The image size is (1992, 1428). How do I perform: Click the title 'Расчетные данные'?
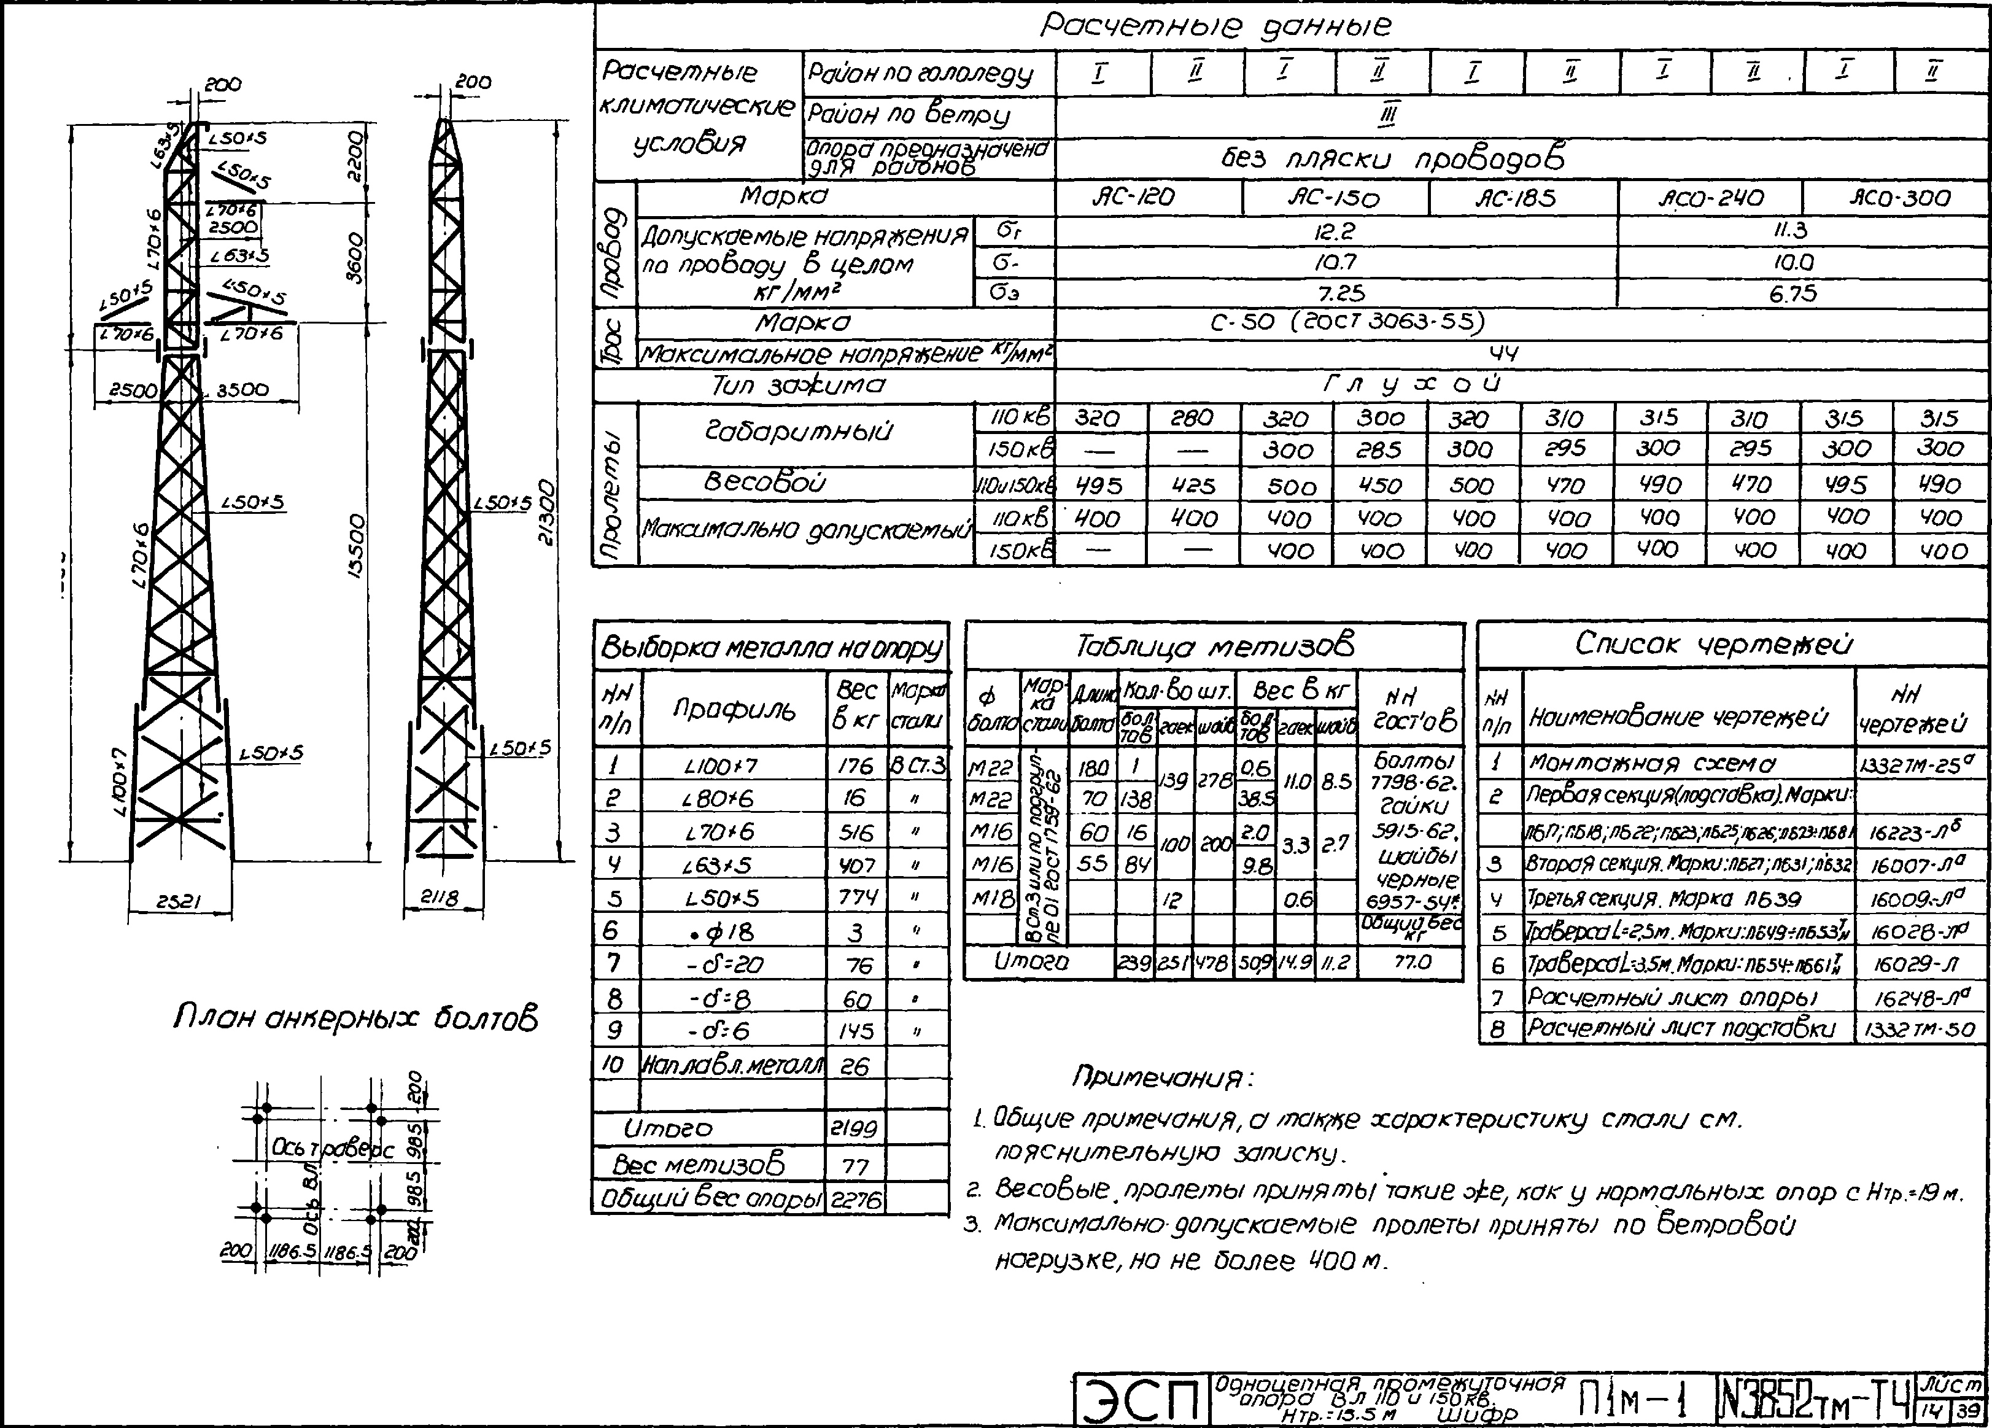click(1215, 26)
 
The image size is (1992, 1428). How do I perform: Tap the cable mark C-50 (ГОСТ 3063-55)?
click(1346, 322)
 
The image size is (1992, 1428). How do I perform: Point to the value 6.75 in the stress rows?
click(1792, 294)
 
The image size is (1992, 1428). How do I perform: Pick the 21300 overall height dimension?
click(547, 512)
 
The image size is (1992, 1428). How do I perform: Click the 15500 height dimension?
click(355, 546)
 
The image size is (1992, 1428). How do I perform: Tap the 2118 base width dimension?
click(439, 898)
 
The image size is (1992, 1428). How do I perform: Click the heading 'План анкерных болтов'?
click(355, 1019)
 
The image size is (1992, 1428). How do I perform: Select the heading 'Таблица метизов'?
click(1215, 647)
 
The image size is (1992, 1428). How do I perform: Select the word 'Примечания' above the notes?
click(1162, 1077)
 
